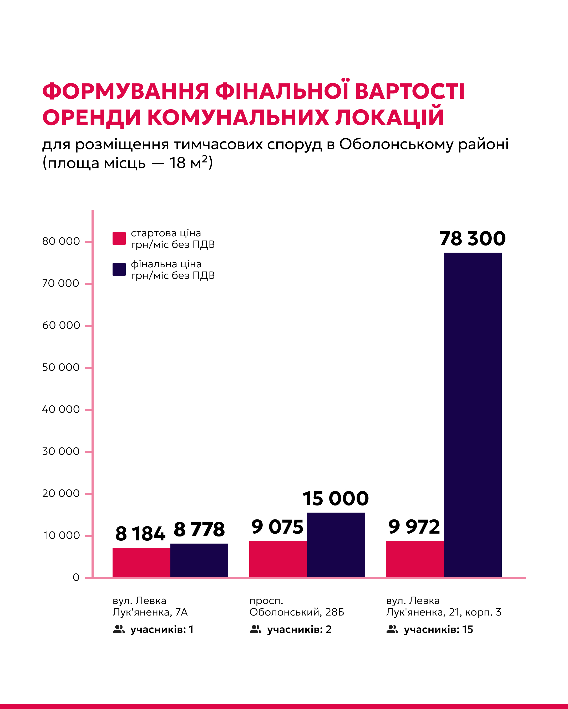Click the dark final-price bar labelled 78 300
[473, 415]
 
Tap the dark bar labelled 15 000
[336, 545]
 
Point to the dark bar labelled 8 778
[199, 560]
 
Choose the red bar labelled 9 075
[278, 559]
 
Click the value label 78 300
[473, 239]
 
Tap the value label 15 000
[336, 499]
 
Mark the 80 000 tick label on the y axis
[61, 241]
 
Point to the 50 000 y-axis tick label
[61, 367]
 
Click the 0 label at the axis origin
[76, 577]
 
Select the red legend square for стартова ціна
[119, 238]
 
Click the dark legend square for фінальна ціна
[119, 269]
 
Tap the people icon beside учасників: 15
[392, 629]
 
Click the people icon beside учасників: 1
[119, 629]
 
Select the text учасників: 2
[299, 629]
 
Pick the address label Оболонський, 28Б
[296, 612]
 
